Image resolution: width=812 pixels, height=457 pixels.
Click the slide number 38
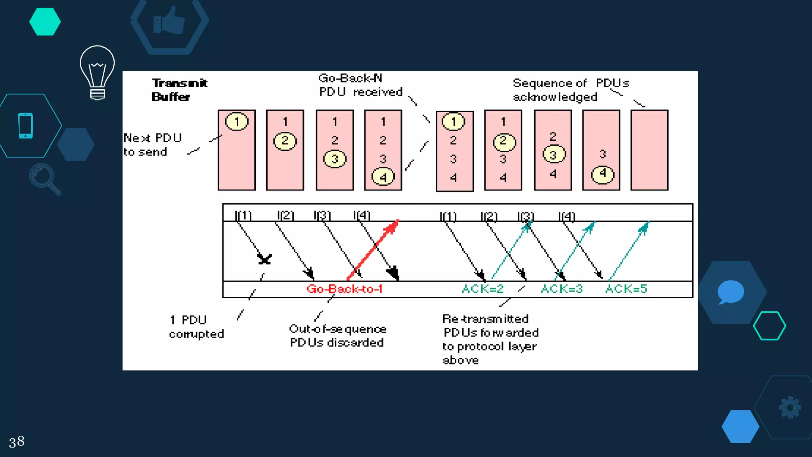coord(17,441)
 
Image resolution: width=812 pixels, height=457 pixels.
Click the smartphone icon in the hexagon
coord(26,126)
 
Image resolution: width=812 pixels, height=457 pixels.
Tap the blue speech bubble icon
coord(730,292)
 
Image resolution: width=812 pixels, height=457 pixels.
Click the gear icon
coord(790,407)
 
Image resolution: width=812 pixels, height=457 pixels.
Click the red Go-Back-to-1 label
coord(344,289)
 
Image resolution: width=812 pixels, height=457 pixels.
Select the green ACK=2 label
coord(483,289)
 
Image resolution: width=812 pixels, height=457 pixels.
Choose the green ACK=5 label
coord(626,289)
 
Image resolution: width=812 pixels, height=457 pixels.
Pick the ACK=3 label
coord(562,289)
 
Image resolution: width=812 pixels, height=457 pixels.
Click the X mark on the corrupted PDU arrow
coord(264,259)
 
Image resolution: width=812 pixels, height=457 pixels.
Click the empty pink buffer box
coord(649,150)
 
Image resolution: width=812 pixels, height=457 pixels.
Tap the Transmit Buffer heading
coord(179,90)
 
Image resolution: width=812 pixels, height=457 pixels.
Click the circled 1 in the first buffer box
coord(237,121)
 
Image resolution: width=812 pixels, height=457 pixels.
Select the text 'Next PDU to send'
coord(152,145)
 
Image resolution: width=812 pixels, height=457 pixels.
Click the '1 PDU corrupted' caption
coord(196,327)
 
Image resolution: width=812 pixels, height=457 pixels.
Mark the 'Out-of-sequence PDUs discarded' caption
coord(337,336)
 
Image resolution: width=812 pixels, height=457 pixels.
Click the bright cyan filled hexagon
coord(45,22)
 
